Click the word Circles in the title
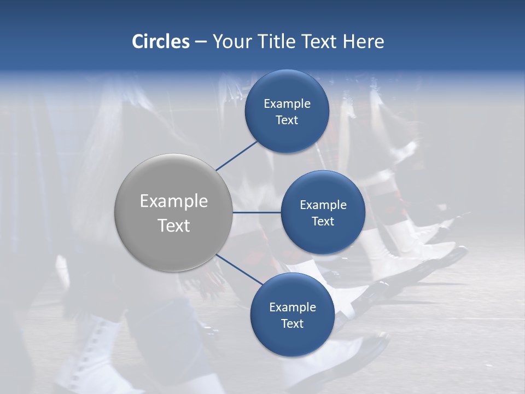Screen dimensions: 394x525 pyautogui.click(x=160, y=42)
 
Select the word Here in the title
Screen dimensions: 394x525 pyautogui.click(x=363, y=42)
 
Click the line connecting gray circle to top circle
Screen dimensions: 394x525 pyautogui.click(x=237, y=155)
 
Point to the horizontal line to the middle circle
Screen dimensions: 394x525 pyautogui.click(x=257, y=212)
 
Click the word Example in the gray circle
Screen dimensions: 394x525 pyautogui.click(x=174, y=201)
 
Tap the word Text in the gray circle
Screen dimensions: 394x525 pyautogui.click(x=174, y=225)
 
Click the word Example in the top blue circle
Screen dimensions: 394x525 pyautogui.click(x=287, y=104)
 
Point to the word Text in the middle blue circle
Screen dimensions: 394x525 pyautogui.click(x=323, y=221)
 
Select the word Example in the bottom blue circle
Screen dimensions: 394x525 pyautogui.click(x=292, y=308)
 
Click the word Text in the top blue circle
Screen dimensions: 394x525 pyautogui.click(x=287, y=120)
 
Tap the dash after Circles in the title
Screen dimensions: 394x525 pyautogui.click(x=201, y=42)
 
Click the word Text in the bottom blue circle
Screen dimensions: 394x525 pyautogui.click(x=292, y=324)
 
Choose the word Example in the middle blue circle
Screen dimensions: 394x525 pyautogui.click(x=323, y=205)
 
